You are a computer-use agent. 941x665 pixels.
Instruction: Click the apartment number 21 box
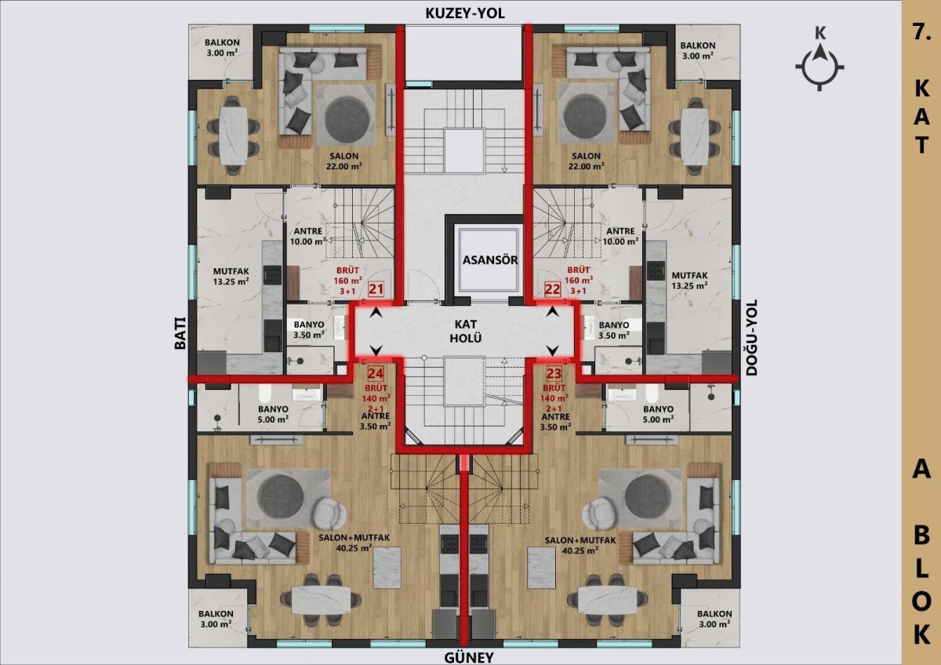tap(376, 289)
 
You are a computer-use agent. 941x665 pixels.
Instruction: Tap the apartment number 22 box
tap(552, 289)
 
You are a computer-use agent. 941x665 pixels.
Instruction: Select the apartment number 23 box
tap(554, 373)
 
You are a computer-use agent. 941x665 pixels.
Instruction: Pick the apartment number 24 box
tap(376, 373)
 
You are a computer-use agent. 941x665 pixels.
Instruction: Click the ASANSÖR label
tap(490, 260)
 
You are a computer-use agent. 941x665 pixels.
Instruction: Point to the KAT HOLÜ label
tap(466, 331)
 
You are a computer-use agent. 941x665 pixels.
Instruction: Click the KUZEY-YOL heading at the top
tap(465, 13)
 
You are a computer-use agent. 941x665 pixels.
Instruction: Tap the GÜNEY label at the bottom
tap(469, 657)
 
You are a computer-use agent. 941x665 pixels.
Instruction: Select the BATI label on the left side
tap(180, 332)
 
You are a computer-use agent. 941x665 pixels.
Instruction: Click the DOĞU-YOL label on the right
tap(751, 337)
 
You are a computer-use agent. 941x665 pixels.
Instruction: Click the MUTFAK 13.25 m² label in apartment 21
tap(231, 276)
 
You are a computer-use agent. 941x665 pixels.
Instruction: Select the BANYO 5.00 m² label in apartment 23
tap(658, 414)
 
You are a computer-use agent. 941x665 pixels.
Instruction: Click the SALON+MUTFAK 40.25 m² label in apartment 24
tap(354, 543)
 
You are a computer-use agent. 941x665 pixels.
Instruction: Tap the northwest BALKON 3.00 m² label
tap(222, 48)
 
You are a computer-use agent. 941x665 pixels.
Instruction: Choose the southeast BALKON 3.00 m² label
tap(714, 619)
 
